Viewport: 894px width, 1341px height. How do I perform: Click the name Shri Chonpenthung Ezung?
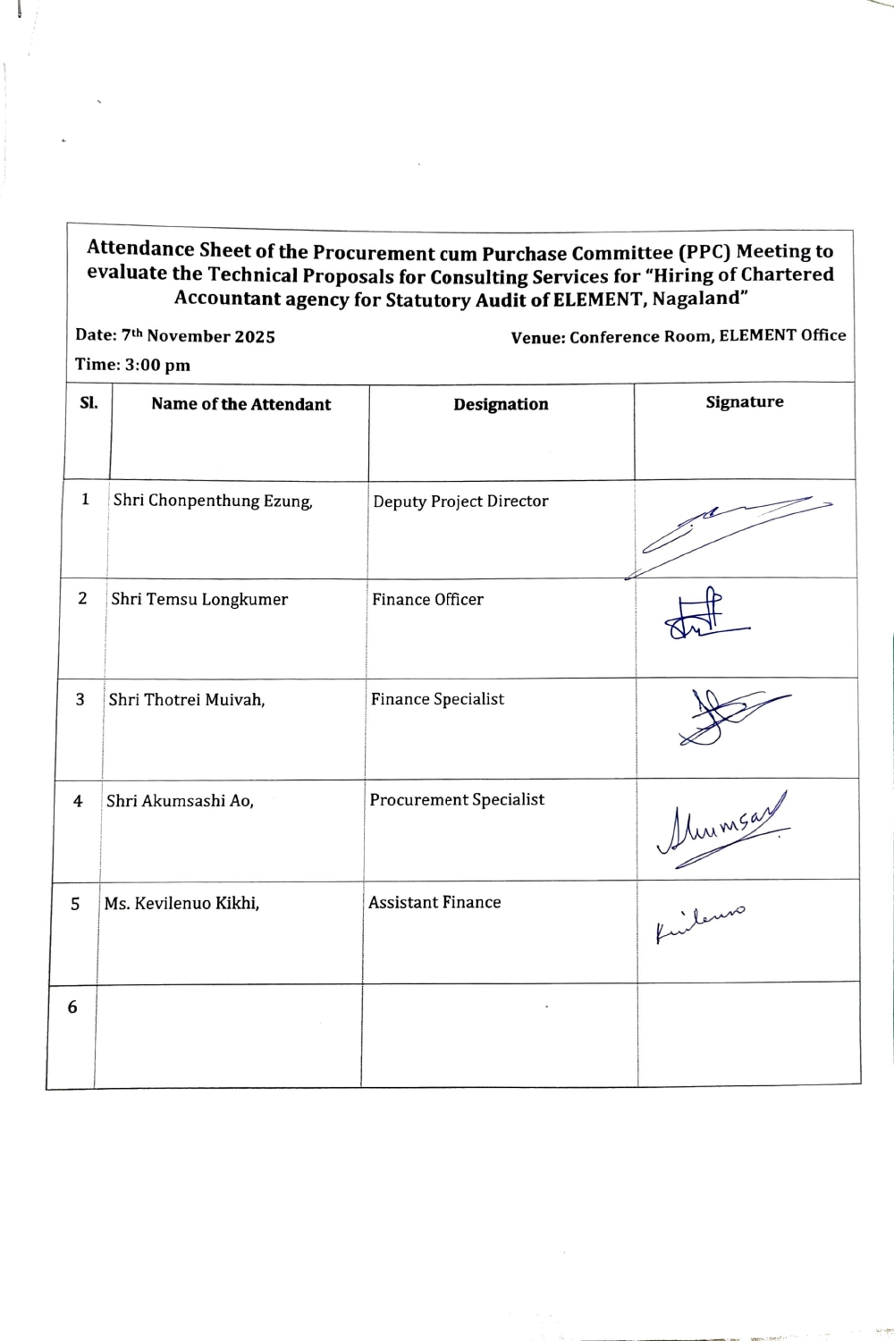click(213, 501)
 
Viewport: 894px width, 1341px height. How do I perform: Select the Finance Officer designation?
click(427, 600)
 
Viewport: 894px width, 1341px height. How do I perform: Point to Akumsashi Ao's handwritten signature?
click(722, 828)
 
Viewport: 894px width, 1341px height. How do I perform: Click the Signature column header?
click(744, 402)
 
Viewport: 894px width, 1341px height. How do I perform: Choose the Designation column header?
click(501, 404)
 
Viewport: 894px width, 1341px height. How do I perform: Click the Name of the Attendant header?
click(240, 404)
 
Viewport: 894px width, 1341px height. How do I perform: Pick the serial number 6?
click(72, 1008)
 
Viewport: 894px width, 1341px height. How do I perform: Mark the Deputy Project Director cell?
click(460, 502)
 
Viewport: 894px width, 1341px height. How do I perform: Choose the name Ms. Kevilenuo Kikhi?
click(181, 903)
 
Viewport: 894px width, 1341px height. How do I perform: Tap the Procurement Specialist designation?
click(457, 800)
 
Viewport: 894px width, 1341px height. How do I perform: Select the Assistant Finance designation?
click(434, 903)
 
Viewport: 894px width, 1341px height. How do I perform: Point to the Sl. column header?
click(89, 402)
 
